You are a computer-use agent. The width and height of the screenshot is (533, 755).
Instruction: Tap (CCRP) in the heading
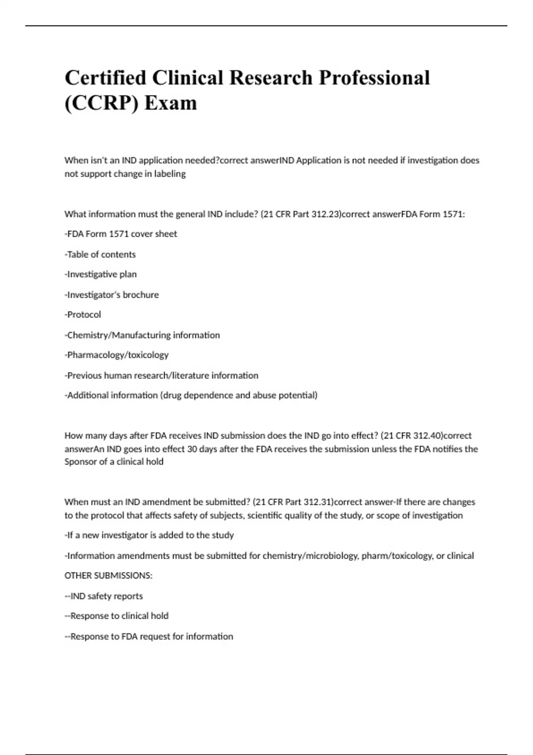pyautogui.click(x=101, y=103)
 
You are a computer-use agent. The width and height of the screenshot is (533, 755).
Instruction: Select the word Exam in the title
pyautogui.click(x=171, y=103)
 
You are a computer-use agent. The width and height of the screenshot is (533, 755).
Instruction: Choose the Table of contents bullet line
pyautogui.click(x=100, y=254)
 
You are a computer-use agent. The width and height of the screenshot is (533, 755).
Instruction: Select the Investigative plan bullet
pyautogui.click(x=101, y=274)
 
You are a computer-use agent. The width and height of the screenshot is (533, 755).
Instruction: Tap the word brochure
pyautogui.click(x=141, y=295)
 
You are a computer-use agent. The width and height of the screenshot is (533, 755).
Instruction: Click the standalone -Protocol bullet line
pyautogui.click(x=83, y=314)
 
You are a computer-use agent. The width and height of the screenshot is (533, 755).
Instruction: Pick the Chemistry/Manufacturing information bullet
pyautogui.click(x=143, y=335)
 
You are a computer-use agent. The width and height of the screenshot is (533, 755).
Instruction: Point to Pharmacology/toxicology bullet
pyautogui.click(x=117, y=355)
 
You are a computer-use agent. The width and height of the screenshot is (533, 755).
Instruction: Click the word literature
pyautogui.click(x=190, y=375)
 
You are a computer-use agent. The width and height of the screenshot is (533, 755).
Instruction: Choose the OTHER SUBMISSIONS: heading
pyautogui.click(x=108, y=576)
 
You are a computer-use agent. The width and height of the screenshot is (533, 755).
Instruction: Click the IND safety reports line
pyautogui.click(x=104, y=596)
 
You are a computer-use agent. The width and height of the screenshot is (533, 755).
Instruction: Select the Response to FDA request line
pyautogui.click(x=149, y=636)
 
